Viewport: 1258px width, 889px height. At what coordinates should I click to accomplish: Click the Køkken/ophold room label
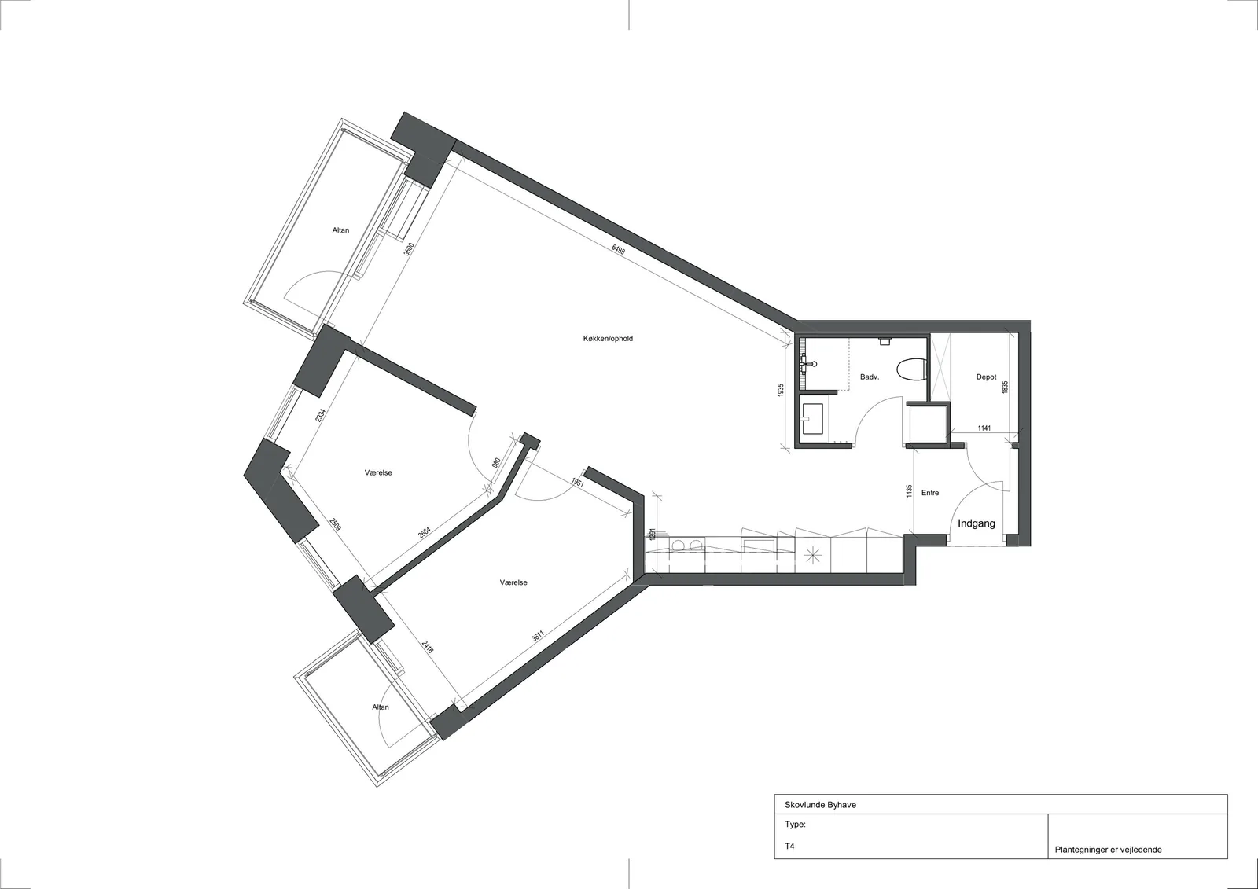coord(608,339)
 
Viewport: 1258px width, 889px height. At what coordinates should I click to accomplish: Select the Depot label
coord(986,377)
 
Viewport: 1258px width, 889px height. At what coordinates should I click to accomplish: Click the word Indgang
coord(976,523)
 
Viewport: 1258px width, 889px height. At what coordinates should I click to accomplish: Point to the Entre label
coord(930,493)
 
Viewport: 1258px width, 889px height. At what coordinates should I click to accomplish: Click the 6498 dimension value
coord(618,250)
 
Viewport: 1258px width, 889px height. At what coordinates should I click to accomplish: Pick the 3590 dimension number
coord(410,249)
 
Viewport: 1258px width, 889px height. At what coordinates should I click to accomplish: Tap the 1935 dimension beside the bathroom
coord(781,391)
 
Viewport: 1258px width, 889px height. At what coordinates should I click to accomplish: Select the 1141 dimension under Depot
coord(984,428)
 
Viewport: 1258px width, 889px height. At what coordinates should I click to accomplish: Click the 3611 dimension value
coord(538,637)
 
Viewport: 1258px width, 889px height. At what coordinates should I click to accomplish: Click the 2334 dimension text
coord(319,415)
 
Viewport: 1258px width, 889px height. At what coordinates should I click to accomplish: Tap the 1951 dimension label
coord(578,483)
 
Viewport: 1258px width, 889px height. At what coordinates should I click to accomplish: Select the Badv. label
coord(870,377)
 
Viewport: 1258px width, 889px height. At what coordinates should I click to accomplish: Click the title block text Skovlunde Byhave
coord(821,805)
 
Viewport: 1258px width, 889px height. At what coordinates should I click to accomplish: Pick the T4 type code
coord(789,846)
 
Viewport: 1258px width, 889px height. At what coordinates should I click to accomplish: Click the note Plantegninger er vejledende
coord(1108,850)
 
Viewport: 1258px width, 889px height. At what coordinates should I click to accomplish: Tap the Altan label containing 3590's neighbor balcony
coord(340,230)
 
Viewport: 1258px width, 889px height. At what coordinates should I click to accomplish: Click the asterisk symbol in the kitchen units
coord(812,556)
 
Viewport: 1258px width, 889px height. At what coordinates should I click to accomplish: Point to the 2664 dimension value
coord(425,532)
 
